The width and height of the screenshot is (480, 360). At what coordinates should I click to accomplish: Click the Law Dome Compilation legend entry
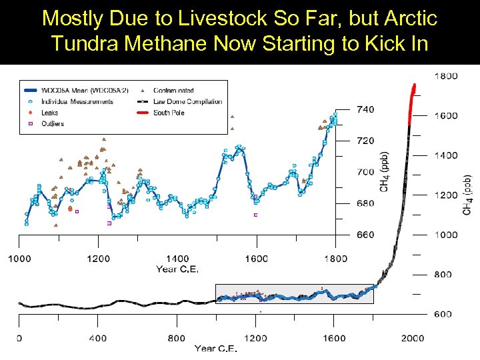tap(187, 101)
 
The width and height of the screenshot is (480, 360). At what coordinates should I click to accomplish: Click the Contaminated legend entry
tap(173, 90)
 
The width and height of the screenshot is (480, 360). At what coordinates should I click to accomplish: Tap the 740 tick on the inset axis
tap(365, 109)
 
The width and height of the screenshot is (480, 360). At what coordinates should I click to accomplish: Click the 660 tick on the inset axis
tap(365, 235)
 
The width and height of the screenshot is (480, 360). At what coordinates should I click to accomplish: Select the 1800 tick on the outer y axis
tap(447, 76)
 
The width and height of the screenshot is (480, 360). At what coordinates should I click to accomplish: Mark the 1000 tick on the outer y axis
tap(447, 235)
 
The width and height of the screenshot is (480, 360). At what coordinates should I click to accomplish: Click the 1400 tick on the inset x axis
tap(177, 259)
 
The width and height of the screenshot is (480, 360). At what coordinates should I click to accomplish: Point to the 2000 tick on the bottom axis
tap(413, 338)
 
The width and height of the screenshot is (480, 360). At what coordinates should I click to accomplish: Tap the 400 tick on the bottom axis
tap(97, 338)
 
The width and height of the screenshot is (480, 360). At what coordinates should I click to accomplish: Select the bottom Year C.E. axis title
tap(216, 348)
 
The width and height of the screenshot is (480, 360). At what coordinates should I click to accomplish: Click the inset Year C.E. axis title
tap(177, 269)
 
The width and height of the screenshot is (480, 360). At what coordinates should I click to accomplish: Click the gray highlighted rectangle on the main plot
tap(294, 294)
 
